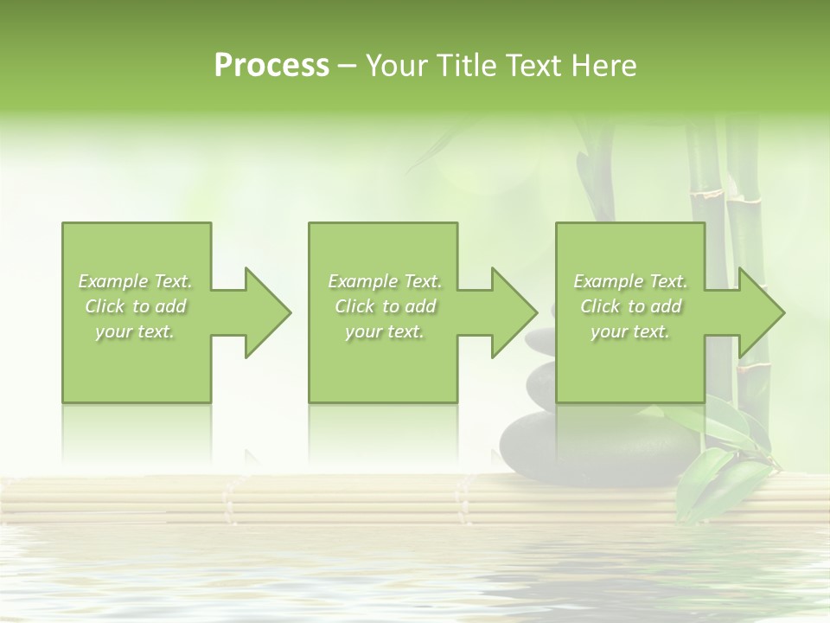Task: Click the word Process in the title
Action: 271,66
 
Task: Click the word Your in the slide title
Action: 397,66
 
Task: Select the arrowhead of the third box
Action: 760,312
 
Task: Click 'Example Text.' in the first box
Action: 136,281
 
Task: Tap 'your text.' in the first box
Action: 136,331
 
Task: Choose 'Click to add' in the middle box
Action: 385,306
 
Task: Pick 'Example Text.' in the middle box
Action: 385,281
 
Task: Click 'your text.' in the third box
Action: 630,331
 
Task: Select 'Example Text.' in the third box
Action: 630,281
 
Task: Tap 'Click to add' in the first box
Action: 136,306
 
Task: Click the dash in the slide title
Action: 347,66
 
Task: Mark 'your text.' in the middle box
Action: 385,331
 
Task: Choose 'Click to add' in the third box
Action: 630,306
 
